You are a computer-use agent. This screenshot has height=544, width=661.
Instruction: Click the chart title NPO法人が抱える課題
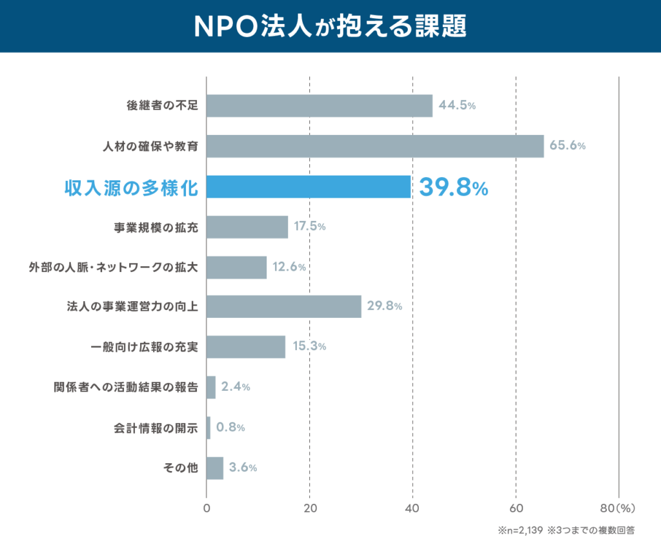330,26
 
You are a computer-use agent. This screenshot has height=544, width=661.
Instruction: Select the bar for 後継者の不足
320,106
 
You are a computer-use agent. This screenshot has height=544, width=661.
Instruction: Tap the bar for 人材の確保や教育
375,146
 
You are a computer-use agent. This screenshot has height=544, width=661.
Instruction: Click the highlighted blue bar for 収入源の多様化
309,187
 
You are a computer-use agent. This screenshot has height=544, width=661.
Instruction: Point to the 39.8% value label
453,187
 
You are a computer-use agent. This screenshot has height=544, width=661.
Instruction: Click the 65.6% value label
567,146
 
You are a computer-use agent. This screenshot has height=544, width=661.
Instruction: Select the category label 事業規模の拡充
155,227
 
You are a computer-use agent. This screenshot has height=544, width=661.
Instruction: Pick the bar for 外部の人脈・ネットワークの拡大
236,267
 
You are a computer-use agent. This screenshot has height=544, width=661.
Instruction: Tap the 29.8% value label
385,306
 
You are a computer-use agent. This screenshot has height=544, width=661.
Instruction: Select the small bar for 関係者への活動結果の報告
211,387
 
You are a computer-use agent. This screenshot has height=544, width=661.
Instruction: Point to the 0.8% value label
230,427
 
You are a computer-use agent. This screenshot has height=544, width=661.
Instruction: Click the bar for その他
215,468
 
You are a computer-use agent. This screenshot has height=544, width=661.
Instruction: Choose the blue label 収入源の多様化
131,187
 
